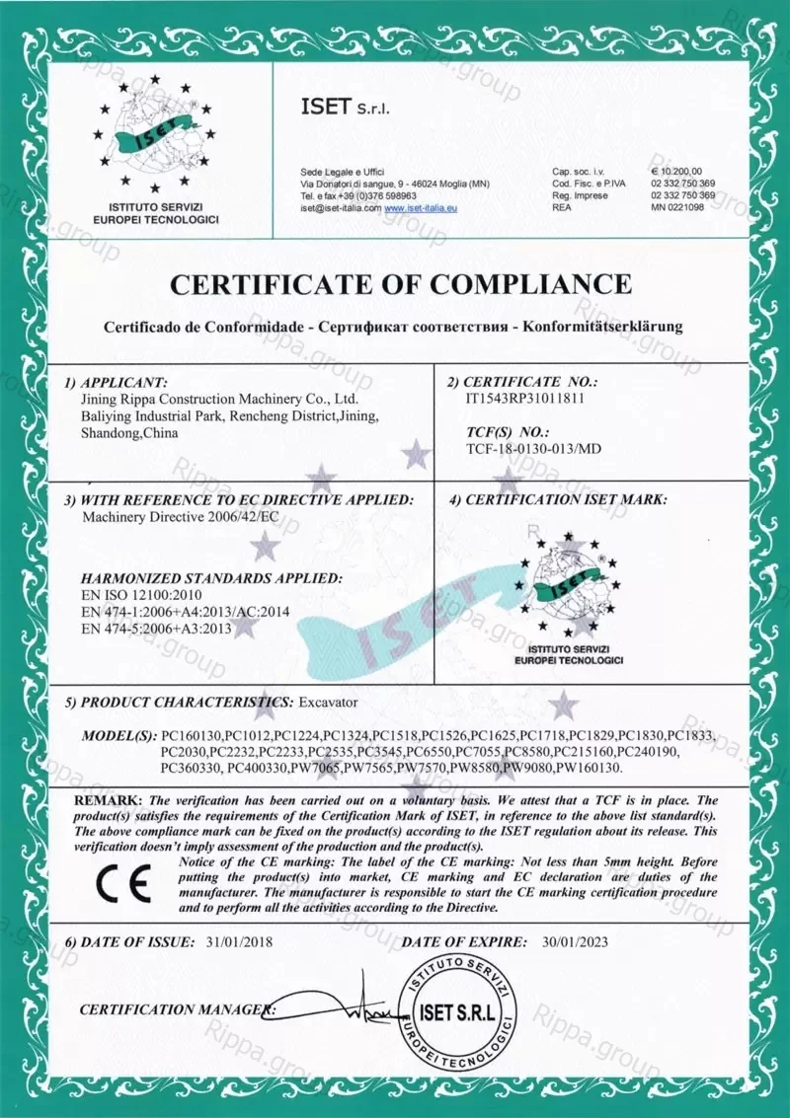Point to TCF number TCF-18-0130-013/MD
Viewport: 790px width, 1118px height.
[x=533, y=450]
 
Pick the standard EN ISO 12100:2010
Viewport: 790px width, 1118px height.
[x=140, y=596]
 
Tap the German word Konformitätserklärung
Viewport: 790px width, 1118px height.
[x=602, y=326]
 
